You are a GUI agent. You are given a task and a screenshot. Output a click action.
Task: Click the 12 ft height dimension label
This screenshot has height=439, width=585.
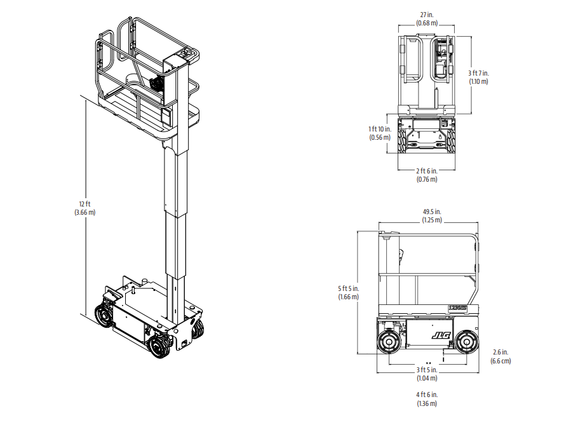point(84,204)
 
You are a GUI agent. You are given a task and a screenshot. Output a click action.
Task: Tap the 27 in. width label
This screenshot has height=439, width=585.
point(427,15)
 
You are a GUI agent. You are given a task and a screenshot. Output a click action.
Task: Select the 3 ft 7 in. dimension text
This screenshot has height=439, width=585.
point(479,73)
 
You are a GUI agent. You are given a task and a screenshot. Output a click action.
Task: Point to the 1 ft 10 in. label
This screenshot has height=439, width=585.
point(380,129)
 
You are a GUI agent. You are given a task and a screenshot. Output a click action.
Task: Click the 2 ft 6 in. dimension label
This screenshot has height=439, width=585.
point(427,171)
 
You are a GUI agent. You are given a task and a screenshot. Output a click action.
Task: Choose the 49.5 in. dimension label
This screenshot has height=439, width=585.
point(432,212)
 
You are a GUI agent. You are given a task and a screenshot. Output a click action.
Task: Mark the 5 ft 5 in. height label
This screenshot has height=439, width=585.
point(349,288)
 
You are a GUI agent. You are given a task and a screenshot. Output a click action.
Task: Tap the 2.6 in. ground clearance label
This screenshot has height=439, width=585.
point(501,352)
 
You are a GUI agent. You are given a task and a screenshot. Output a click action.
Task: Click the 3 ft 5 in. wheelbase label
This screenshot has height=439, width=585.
point(427,370)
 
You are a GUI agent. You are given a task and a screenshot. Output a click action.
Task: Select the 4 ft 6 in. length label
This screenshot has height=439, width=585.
point(427,395)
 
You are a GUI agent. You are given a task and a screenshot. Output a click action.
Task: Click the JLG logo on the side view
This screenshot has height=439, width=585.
point(441,335)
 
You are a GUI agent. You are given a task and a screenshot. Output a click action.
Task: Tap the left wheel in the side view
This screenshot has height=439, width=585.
point(389,342)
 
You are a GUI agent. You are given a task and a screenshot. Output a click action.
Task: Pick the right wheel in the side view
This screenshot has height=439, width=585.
point(466,342)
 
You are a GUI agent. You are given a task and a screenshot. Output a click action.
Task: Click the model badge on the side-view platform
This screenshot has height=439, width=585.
point(457,308)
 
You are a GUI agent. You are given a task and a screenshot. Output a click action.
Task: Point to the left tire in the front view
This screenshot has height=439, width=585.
point(402,141)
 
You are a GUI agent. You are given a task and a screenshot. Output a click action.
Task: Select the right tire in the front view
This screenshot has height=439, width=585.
point(451,141)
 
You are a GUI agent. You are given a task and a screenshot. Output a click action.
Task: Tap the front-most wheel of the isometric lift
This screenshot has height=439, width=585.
point(159,347)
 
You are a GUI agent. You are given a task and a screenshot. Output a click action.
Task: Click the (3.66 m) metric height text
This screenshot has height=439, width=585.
point(84,212)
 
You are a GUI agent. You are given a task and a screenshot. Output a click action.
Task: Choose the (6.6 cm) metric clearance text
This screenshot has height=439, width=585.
point(501,361)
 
